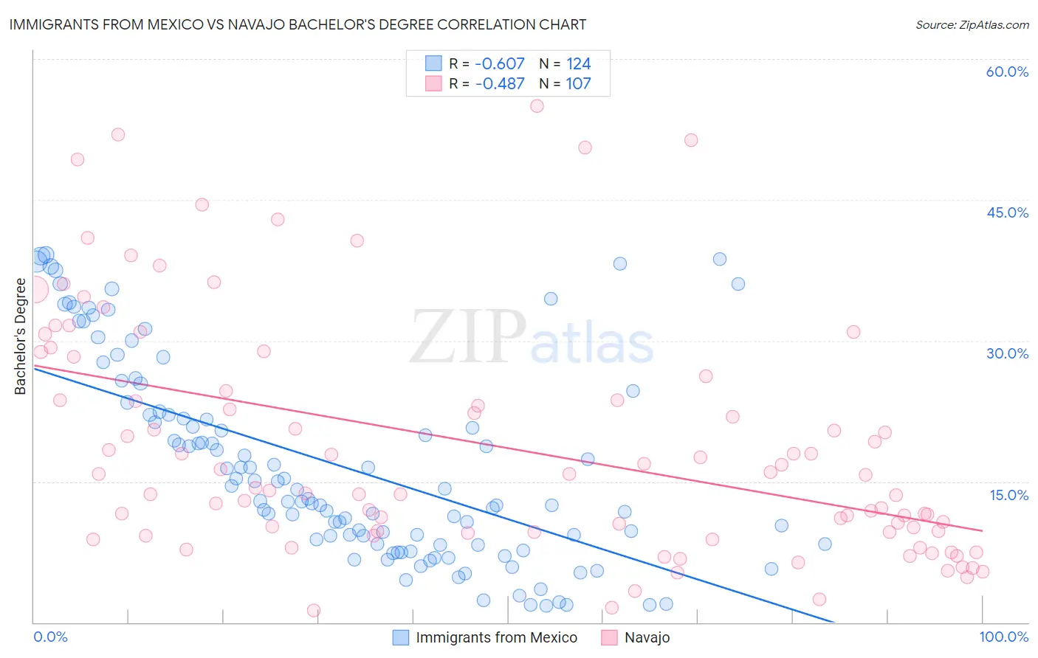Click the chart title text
298,25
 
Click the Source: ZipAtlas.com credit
972,25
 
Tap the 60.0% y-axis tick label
1007,72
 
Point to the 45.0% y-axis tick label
1007,212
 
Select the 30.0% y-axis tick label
1007,353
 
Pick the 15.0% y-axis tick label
1008,495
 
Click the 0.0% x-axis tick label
50,637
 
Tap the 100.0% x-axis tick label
1003,637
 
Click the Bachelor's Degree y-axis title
20,336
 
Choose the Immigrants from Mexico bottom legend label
496,637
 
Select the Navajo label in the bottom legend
647,637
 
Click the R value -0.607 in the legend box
500,63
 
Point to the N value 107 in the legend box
578,83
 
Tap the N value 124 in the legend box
578,63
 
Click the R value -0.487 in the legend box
500,83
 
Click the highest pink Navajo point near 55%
537,106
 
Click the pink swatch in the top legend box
433,83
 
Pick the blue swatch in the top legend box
433,63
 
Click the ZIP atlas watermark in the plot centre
532,338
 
